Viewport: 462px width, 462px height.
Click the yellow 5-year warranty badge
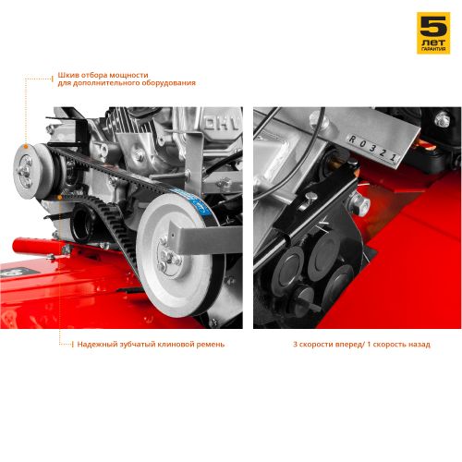coord(433,33)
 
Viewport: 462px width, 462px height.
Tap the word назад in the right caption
coord(419,344)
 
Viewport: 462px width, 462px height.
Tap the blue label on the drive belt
coord(195,201)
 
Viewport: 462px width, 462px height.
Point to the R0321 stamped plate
coord(372,149)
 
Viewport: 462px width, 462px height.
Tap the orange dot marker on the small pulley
coord(26,146)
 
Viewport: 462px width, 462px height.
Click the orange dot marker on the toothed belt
coord(59,197)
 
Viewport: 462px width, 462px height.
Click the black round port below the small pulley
coord(83,222)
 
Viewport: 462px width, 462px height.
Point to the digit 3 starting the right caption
coord(295,345)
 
